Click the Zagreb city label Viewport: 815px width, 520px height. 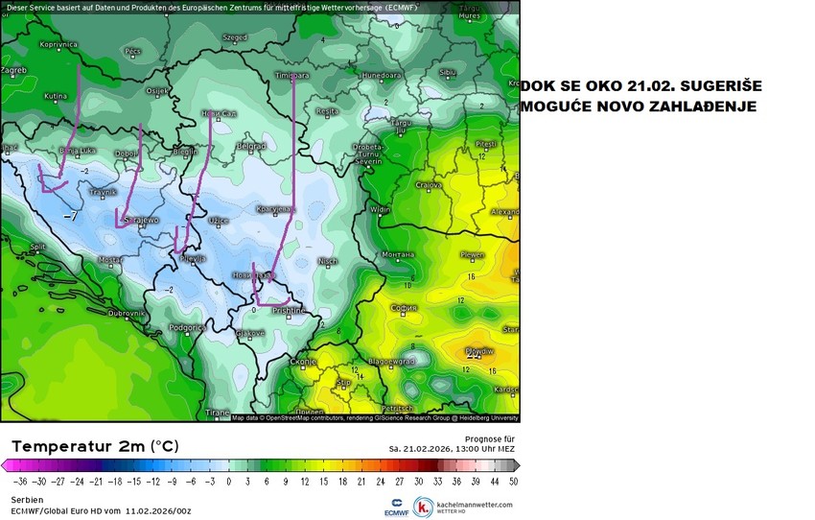pos(13,70)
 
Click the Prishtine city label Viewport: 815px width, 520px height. pos(287,311)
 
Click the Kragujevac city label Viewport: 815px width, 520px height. pos(276,207)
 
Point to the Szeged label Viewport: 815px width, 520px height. pos(234,38)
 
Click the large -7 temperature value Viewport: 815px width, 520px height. pos(70,217)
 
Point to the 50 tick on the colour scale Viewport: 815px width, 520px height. pos(514,482)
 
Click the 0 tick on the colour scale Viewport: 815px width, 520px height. pos(228,482)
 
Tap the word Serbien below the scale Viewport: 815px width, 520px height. pos(27,500)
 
